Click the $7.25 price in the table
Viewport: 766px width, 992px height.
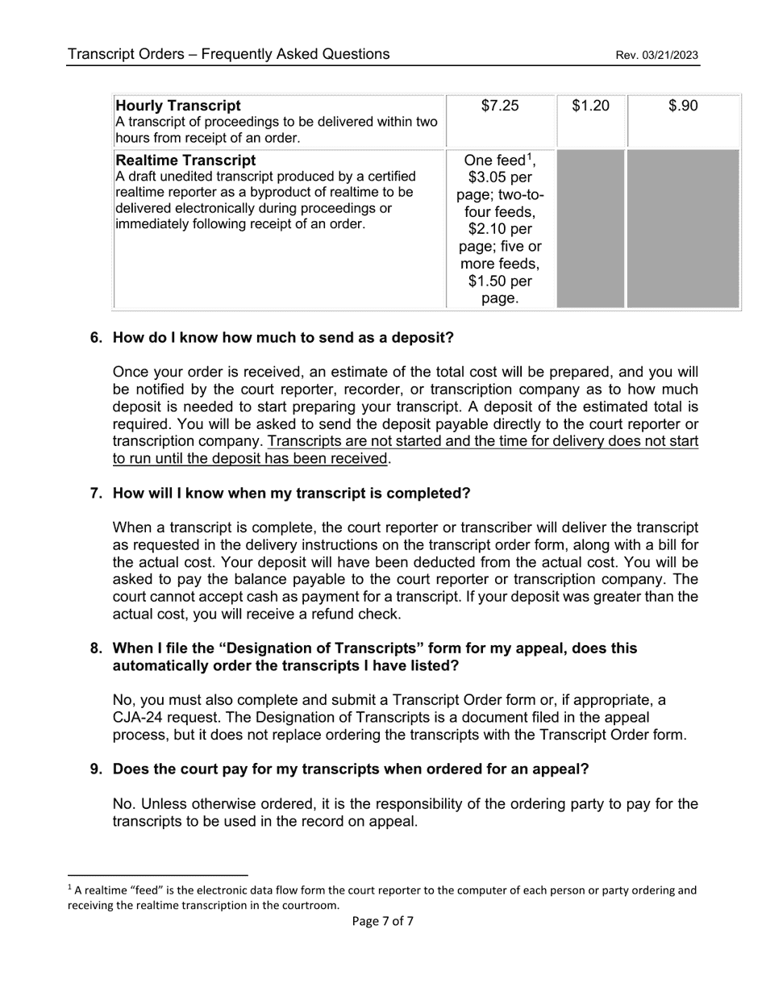tap(500, 106)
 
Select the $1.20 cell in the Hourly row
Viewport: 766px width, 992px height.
tap(590, 106)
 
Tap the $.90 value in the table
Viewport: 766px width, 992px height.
tap(683, 106)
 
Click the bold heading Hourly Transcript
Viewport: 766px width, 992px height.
tap(178, 106)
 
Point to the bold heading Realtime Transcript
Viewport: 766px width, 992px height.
tap(186, 160)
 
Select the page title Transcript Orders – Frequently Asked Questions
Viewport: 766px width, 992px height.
tap(228, 54)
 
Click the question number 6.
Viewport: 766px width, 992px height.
tap(96, 337)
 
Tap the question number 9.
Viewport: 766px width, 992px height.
tap(96, 769)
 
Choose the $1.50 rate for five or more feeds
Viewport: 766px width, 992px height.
tap(486, 281)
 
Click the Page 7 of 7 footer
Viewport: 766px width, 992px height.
tap(383, 921)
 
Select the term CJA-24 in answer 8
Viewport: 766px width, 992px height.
tap(142, 717)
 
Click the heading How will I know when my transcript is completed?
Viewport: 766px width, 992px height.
tap(291, 493)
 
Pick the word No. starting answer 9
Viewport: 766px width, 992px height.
tap(124, 804)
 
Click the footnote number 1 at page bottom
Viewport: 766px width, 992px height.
tap(69, 888)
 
